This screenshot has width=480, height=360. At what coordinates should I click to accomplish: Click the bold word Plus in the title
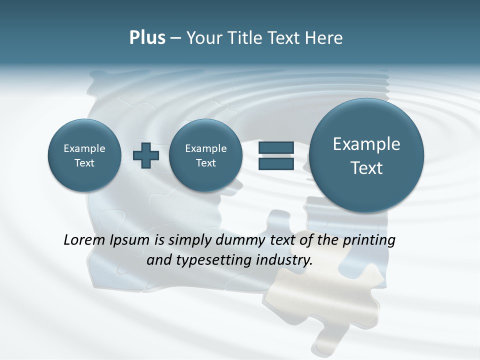[x=147, y=38]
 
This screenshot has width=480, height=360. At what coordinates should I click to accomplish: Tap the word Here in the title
[x=324, y=38]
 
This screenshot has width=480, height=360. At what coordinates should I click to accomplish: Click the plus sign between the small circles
[x=146, y=155]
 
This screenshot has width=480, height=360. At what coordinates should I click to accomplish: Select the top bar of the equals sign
[x=275, y=147]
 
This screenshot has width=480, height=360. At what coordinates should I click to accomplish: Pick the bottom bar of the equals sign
[x=275, y=164]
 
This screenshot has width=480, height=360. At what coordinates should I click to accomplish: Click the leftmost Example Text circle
[x=84, y=155]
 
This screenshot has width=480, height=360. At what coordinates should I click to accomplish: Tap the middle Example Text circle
[x=206, y=155]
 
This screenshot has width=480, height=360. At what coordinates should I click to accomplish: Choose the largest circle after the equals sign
[x=366, y=155]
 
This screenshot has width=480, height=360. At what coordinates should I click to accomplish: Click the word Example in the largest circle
[x=366, y=144]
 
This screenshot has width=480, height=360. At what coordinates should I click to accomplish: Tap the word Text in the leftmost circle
[x=84, y=163]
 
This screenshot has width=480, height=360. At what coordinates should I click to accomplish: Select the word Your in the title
[x=202, y=38]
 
